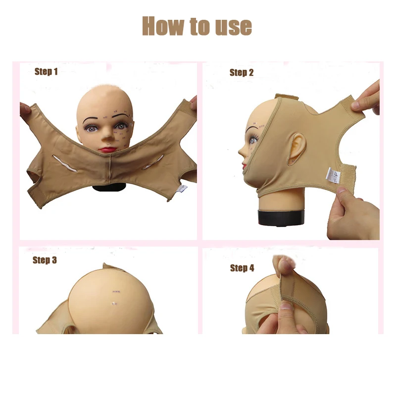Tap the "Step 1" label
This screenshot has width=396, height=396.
click(46, 72)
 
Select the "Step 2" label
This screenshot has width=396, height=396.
click(242, 73)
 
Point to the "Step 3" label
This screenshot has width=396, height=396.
click(45, 260)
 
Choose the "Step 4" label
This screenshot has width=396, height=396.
click(242, 268)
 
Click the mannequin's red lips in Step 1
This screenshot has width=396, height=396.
click(108, 148)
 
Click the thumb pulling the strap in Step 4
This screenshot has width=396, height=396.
click(283, 267)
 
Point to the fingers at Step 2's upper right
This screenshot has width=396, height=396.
click(369, 99)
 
